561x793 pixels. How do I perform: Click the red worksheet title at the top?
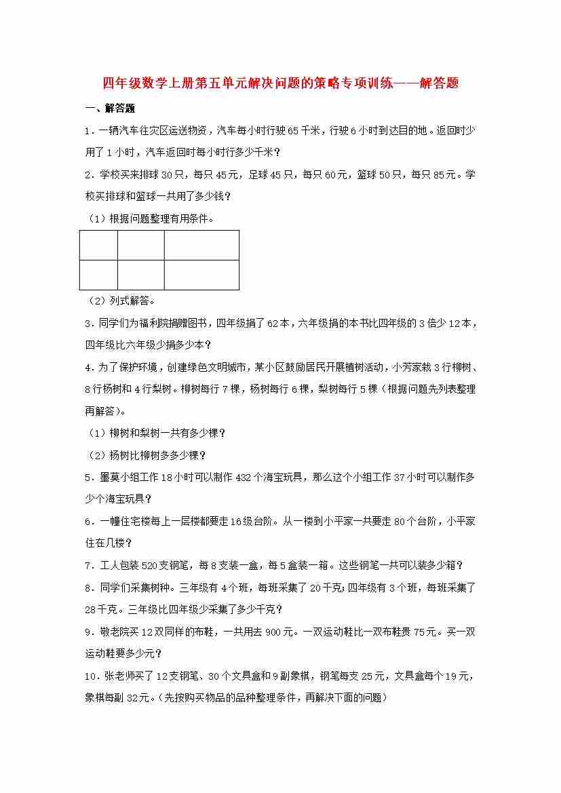click(280, 83)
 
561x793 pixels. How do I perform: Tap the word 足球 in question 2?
click(260, 175)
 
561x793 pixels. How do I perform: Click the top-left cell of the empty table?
click(98, 245)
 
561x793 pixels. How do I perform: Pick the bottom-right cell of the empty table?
click(201, 275)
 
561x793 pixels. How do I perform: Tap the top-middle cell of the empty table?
click(140, 245)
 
